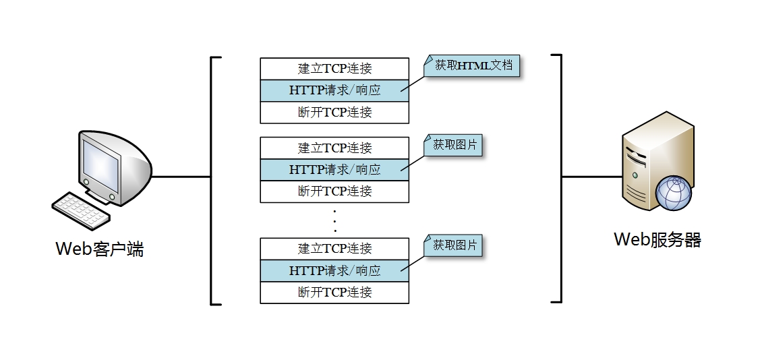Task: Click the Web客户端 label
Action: tap(99, 250)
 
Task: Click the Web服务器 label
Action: tap(657, 240)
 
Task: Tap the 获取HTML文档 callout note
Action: tap(473, 65)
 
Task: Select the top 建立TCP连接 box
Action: tap(334, 69)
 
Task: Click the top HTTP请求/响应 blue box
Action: tap(334, 90)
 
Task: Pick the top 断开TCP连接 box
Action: tap(334, 113)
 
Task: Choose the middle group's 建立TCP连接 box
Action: tap(334, 148)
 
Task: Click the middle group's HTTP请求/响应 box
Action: tap(334, 169)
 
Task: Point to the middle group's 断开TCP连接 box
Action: tap(334, 191)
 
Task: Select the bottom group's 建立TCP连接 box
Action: tap(334, 248)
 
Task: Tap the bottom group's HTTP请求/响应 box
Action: tap(334, 270)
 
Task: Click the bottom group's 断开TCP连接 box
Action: tap(334, 293)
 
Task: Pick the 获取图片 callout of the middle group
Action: tap(455, 145)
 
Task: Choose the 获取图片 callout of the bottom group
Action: tap(455, 245)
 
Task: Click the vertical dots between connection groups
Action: tap(334, 220)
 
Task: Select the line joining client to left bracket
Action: tap(181, 177)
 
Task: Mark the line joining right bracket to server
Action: tap(591, 177)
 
